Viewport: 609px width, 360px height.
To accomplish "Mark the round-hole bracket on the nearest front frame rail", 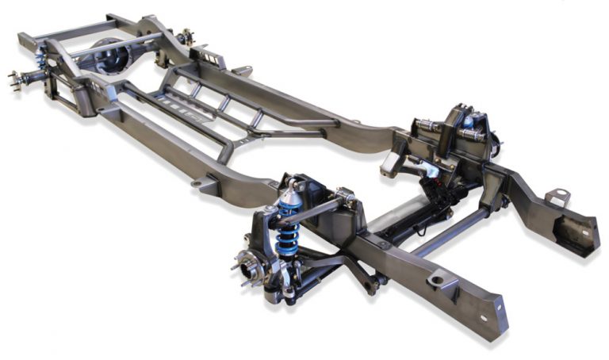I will [438, 279].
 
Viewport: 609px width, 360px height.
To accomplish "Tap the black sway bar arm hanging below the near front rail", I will [367, 278].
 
